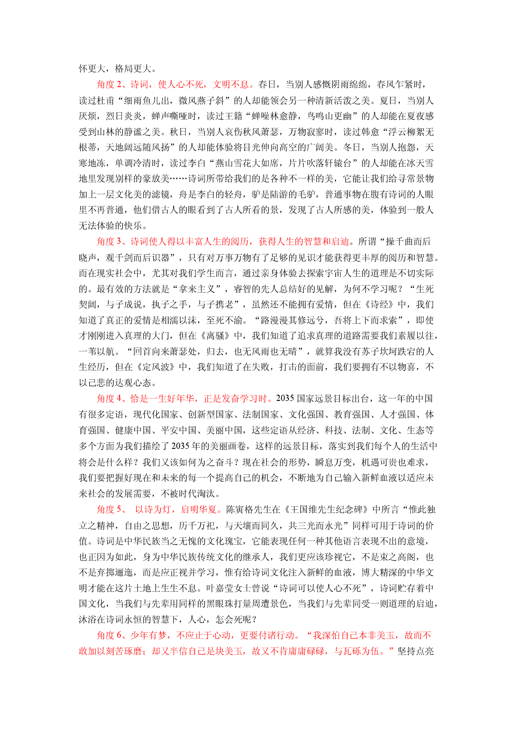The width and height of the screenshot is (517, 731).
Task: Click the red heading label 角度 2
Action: tap(109, 85)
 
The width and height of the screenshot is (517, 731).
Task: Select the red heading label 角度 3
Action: tap(109, 242)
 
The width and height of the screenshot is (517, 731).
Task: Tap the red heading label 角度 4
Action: tap(109, 399)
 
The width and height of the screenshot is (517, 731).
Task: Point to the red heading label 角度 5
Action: tap(109, 509)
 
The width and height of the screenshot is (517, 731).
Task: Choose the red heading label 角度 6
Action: tap(109, 635)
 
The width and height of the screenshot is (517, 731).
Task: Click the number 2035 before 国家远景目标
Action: tap(285, 399)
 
